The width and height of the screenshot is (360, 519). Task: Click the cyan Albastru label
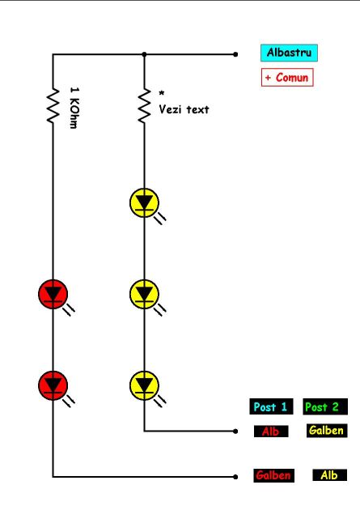[289, 53]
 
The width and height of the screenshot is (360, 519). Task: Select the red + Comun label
[287, 78]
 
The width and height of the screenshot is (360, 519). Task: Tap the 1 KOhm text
[74, 108]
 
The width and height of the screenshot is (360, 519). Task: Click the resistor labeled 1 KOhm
[53, 106]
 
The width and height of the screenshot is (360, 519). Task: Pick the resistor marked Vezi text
[144, 106]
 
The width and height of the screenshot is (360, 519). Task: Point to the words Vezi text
[184, 109]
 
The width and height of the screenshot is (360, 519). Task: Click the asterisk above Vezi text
[161, 93]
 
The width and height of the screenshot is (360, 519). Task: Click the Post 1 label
[271, 406]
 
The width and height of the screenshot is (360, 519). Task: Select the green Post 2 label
[325, 406]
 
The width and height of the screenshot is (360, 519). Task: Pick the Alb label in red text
[271, 432]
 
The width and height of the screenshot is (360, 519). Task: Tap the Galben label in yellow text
[327, 431]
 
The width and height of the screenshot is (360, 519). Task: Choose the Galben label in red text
[273, 475]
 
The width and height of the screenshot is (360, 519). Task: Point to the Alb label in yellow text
[329, 475]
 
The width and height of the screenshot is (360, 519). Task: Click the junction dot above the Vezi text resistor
[144, 54]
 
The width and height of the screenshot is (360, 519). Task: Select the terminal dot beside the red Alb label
[235, 432]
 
